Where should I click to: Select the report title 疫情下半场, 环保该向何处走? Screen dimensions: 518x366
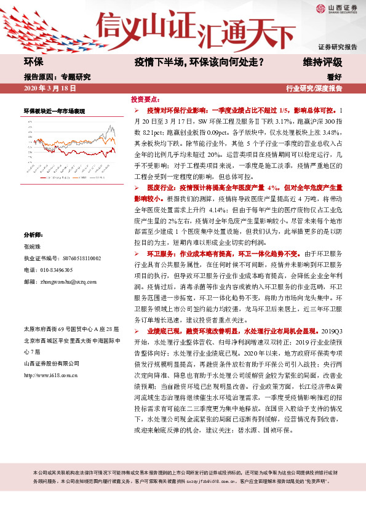200,62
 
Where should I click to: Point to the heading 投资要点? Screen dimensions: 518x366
145,98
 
